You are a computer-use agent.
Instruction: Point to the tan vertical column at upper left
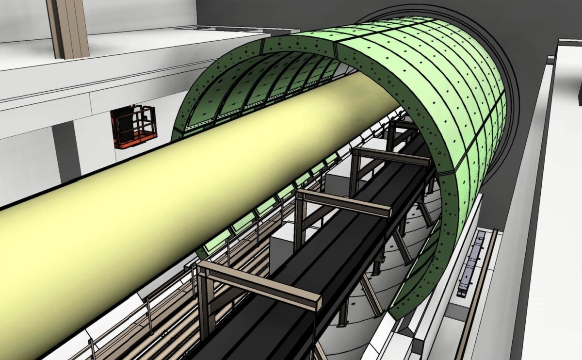coord(68,27)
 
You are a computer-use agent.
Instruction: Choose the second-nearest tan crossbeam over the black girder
coord(344,202)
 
